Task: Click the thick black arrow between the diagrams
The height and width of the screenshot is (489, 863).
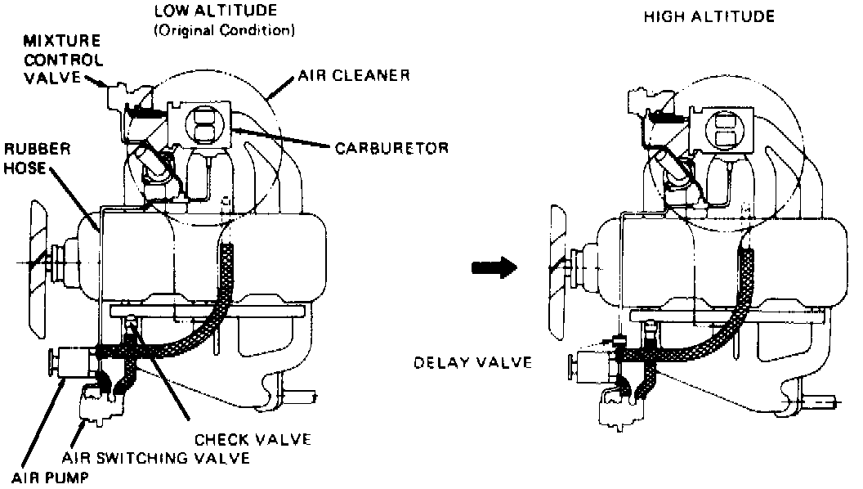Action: click(496, 267)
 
